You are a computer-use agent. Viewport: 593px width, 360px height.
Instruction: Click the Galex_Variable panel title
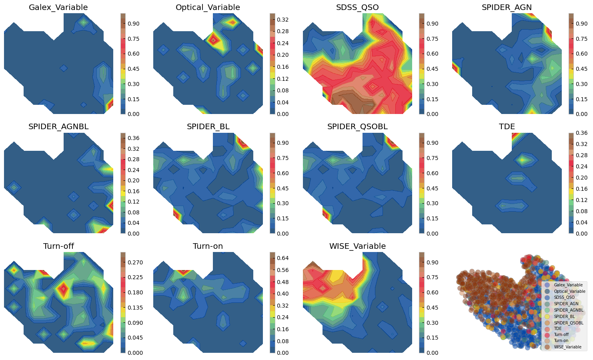[x=58, y=8]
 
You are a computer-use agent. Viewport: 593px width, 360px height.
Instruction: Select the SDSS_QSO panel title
[x=357, y=8]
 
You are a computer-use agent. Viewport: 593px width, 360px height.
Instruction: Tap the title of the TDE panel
[x=507, y=127]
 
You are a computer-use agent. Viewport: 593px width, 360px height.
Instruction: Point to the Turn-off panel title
[x=58, y=246]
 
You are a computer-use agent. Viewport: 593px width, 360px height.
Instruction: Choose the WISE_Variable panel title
[x=357, y=246]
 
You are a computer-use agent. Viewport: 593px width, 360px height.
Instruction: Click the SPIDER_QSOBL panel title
[x=357, y=127]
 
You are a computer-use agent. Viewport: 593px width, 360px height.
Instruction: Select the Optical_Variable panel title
[x=208, y=8]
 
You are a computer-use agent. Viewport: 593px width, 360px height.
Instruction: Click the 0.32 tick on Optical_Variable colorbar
[x=282, y=20]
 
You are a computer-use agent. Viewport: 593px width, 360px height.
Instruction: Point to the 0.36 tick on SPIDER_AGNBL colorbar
[x=133, y=138]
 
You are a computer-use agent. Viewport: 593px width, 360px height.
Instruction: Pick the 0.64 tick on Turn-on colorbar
[x=282, y=258]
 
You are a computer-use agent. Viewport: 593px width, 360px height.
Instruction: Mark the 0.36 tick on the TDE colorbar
[x=581, y=133]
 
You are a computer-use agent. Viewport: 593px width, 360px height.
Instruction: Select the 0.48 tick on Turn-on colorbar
[x=282, y=282]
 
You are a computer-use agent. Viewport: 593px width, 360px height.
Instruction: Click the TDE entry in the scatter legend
[x=557, y=328]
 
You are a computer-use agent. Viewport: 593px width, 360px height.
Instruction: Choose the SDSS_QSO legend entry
[x=564, y=297]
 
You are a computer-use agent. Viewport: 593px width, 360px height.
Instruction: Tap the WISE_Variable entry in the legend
[x=567, y=347]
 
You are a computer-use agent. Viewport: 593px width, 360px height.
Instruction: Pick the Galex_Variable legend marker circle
[x=547, y=285]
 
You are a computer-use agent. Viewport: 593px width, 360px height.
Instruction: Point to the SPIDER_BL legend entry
[x=564, y=316]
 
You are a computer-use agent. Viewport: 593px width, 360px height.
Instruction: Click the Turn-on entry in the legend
[x=561, y=341]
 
